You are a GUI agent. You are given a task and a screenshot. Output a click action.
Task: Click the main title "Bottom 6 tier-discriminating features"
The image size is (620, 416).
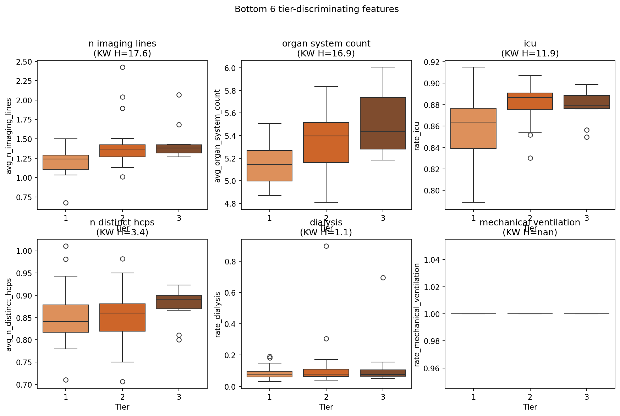317,9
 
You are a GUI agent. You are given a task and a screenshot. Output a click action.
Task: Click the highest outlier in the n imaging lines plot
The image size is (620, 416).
122,67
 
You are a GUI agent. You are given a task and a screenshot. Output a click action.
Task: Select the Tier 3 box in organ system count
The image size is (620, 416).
383,123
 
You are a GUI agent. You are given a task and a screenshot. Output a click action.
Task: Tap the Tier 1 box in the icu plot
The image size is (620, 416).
473,128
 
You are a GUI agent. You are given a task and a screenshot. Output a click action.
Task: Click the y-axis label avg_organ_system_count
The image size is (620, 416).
218,136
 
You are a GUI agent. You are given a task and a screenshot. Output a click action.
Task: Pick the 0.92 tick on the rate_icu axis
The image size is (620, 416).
432,62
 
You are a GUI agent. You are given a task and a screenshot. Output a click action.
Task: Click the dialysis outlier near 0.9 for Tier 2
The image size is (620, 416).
326,246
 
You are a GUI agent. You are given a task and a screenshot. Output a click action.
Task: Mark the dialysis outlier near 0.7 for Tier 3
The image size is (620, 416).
383,278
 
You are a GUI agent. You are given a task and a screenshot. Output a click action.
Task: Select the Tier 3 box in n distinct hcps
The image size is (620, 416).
179,302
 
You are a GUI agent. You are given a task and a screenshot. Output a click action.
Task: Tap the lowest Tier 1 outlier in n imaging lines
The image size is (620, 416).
66,203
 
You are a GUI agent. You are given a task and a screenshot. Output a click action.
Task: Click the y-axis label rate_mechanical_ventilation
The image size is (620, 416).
417,314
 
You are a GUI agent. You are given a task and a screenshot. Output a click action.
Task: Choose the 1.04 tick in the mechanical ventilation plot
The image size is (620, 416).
432,260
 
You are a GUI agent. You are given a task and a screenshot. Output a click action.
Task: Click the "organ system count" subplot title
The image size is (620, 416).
326,44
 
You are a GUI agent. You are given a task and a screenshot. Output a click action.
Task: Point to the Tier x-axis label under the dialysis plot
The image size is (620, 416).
326,407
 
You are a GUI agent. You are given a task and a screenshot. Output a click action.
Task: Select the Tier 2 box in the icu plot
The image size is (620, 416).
530,101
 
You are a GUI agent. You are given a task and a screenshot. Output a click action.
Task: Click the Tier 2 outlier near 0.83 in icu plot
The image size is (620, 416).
530,158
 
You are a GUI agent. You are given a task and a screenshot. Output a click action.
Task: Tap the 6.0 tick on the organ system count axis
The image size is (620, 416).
231,68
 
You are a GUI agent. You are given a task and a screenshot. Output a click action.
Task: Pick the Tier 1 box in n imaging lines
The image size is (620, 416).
66,162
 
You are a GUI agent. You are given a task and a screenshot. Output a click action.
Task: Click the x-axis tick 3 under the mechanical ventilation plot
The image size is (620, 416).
587,397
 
